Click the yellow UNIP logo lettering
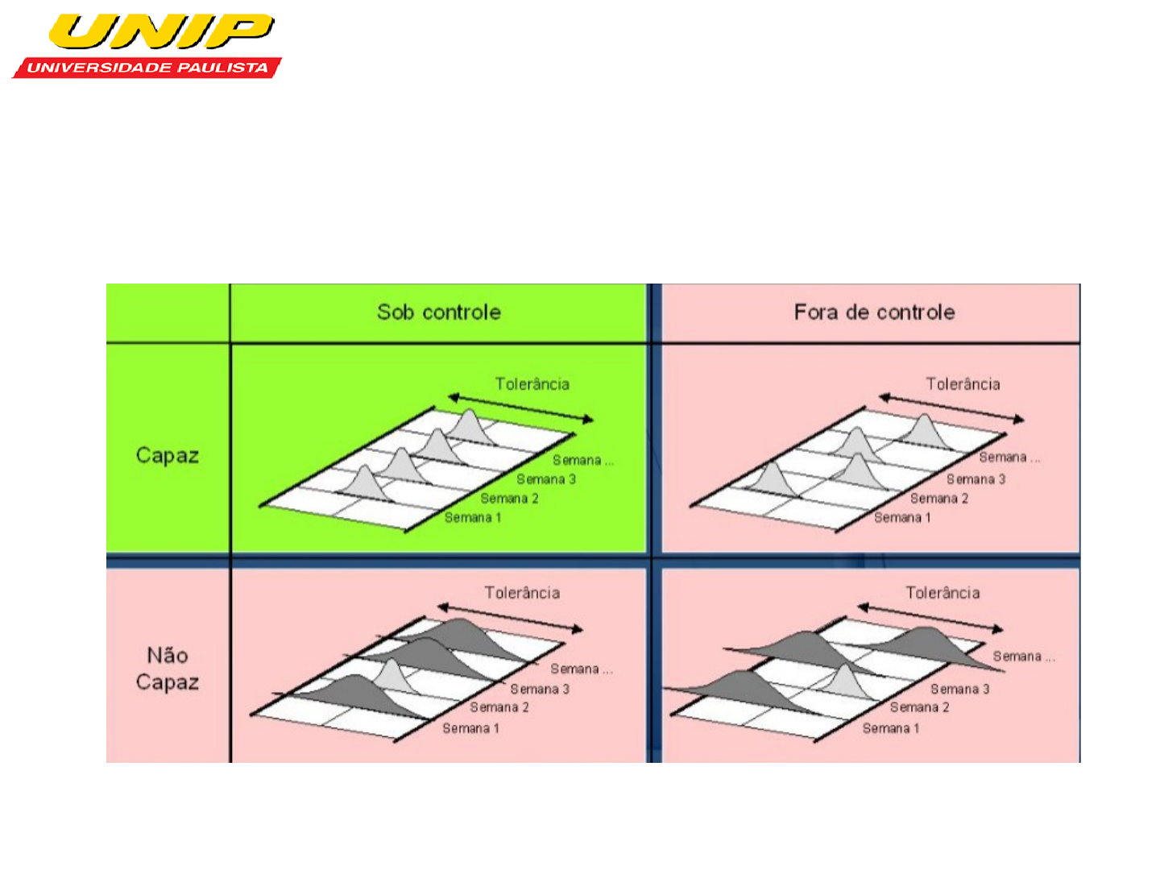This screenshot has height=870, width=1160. (x=161, y=31)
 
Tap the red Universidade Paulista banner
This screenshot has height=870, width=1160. (x=147, y=67)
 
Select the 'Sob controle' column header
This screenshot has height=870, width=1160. (x=439, y=313)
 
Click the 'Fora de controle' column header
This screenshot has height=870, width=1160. (x=875, y=313)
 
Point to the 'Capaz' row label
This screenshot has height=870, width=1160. (x=168, y=455)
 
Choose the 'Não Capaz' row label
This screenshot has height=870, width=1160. (x=168, y=669)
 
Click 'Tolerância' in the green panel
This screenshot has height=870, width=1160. (x=532, y=383)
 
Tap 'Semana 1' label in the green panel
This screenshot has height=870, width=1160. (x=472, y=517)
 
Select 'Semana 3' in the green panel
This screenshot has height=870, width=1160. (x=546, y=479)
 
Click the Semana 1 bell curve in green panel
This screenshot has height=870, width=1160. (x=365, y=483)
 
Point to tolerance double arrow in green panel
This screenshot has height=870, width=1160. (x=520, y=408)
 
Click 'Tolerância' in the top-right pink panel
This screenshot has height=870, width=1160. (x=963, y=383)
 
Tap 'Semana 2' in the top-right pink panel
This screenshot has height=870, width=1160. (x=939, y=498)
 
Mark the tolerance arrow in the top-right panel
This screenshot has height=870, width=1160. (x=952, y=408)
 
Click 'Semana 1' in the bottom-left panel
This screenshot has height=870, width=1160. (x=470, y=728)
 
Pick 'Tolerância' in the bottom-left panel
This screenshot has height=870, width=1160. (x=522, y=592)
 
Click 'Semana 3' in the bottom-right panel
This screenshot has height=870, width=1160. (x=959, y=689)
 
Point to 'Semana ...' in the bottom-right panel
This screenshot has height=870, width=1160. (x=1024, y=657)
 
